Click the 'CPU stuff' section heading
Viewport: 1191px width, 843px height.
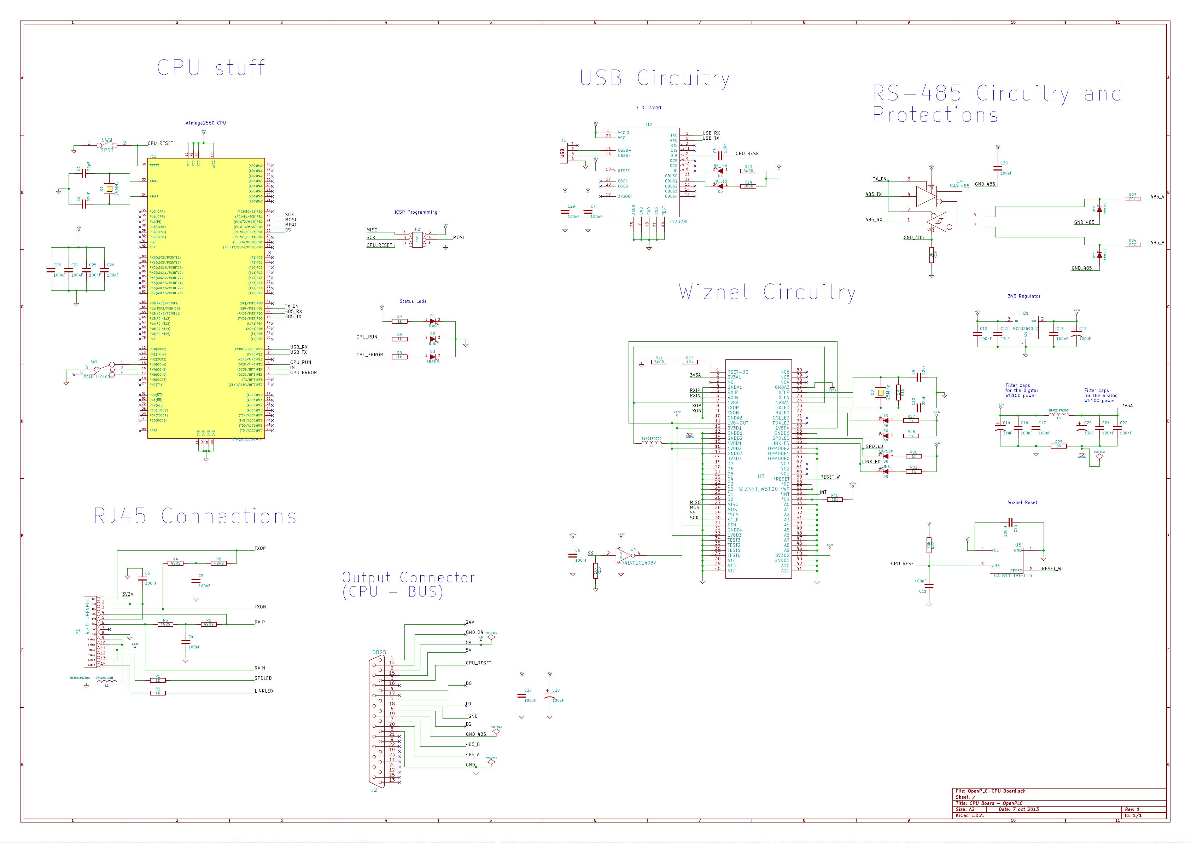point(211,68)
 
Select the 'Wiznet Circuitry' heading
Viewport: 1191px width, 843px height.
point(767,292)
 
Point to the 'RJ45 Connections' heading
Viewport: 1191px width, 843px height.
point(195,516)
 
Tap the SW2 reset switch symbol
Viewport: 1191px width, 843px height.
point(106,145)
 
